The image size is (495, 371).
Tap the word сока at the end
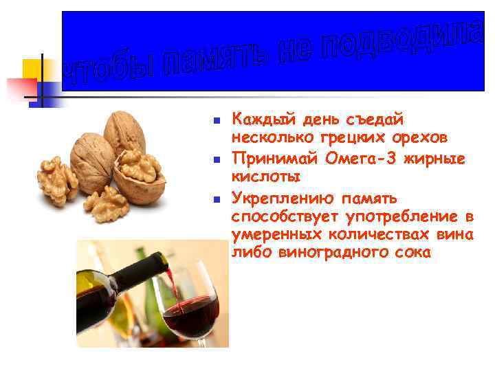pos(411,253)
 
